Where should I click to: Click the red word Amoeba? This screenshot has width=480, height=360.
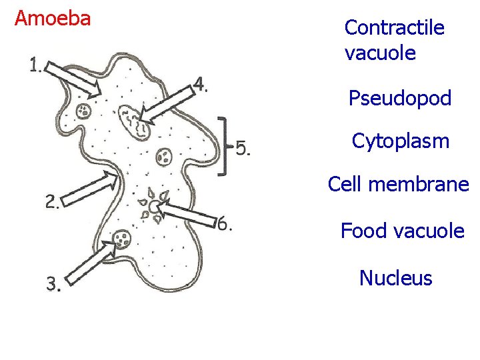[x=53, y=19]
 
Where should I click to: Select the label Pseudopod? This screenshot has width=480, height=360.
[x=400, y=99]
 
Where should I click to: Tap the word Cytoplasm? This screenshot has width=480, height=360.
[x=401, y=141]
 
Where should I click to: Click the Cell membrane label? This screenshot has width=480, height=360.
[x=399, y=185]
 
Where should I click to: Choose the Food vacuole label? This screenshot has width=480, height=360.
[x=402, y=231]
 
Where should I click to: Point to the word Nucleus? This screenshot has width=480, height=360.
[x=395, y=278]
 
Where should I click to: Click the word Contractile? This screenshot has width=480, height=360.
[x=394, y=28]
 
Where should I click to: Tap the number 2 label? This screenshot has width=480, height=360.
[x=52, y=202]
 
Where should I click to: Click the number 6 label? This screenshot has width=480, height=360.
[x=225, y=224]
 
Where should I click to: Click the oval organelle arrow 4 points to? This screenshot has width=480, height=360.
[x=133, y=122]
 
